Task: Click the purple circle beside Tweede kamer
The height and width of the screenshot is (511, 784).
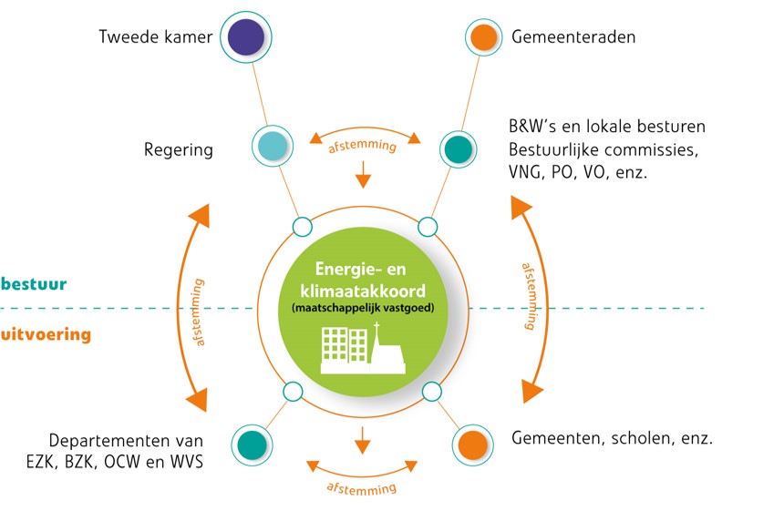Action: [x=246, y=37]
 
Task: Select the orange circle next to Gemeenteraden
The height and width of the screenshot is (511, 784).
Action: [x=483, y=37]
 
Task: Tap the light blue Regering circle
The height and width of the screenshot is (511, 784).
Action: [x=272, y=146]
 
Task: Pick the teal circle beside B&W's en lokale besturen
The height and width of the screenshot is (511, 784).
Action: [x=458, y=148]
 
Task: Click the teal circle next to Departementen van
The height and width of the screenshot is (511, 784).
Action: [x=252, y=445]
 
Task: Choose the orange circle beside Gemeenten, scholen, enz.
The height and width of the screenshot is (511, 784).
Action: [x=472, y=445]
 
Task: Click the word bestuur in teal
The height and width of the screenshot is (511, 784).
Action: [x=34, y=283]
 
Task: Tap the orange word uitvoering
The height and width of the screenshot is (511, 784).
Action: [x=46, y=334]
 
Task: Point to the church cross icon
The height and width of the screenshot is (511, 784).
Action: [x=377, y=329]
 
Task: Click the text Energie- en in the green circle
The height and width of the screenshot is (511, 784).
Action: [x=360, y=270]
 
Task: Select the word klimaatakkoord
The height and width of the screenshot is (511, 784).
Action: [x=363, y=291]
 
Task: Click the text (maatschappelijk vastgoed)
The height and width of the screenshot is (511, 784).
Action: [x=363, y=308]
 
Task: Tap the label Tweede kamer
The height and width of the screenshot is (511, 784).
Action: [x=156, y=37]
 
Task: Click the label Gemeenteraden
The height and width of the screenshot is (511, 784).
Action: [x=573, y=37]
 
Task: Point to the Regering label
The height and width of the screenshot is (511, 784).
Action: [x=179, y=150]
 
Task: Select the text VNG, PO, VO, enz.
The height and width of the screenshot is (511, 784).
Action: [x=578, y=173]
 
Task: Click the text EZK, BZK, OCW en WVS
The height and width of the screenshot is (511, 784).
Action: [x=115, y=462]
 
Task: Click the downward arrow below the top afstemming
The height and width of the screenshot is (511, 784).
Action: [x=363, y=174]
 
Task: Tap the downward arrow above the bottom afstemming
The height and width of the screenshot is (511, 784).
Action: [x=362, y=440]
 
